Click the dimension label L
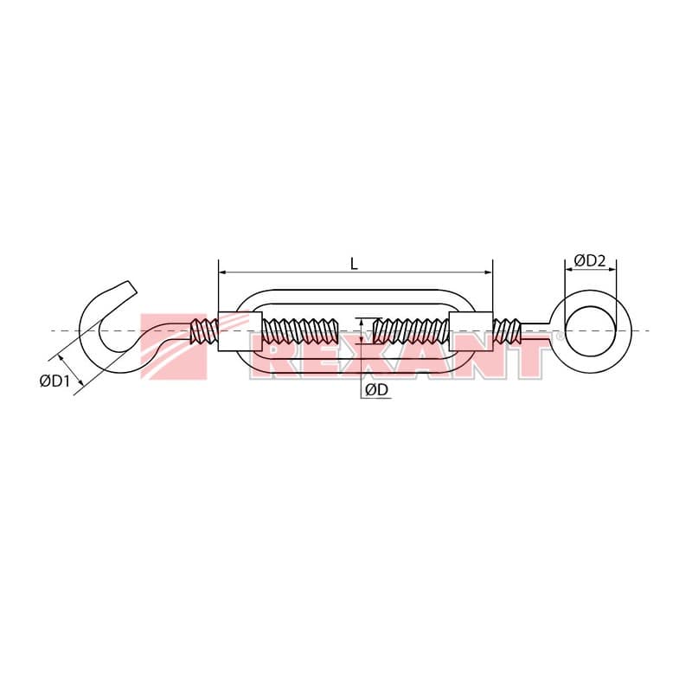(354, 264)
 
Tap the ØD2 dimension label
(590, 260)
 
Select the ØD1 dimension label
(54, 381)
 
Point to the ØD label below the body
(376, 389)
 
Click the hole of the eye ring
(590, 331)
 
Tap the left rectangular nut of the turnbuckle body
(240, 331)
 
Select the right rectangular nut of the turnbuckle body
(471, 331)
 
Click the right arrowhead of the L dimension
(488, 272)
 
